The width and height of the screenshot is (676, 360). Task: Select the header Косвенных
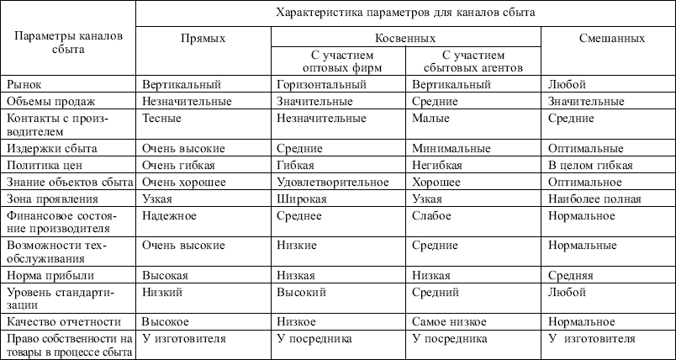406,39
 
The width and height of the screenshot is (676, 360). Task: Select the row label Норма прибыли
50,275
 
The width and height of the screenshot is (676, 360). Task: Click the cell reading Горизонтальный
315,85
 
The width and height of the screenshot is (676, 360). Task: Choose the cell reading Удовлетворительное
328,182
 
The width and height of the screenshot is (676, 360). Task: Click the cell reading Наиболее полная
594,199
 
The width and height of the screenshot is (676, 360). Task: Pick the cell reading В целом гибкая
589,165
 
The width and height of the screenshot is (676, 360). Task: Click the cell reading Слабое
430,216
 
